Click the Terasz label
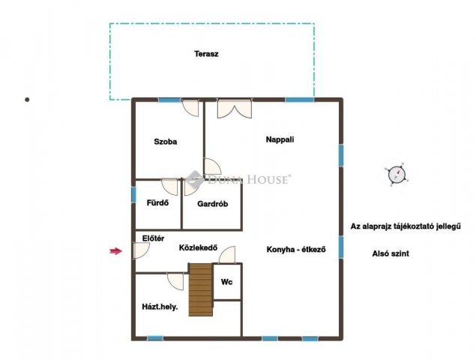[x=206, y=54]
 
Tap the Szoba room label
[x=166, y=142]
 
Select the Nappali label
[x=280, y=139]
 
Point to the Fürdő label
[x=157, y=202]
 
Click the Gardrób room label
[x=212, y=204]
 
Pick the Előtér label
[x=154, y=238]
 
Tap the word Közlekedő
[x=198, y=247]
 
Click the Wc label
[x=227, y=282]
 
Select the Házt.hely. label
[x=160, y=307]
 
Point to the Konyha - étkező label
[x=296, y=250]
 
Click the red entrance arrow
[x=115, y=251]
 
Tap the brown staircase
[x=201, y=289]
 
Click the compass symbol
[x=397, y=175]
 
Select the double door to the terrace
[x=235, y=108]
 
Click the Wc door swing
[x=227, y=255]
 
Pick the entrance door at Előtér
[x=141, y=250]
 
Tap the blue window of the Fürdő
[x=133, y=194]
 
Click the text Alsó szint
[x=391, y=253]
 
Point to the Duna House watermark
[x=238, y=179]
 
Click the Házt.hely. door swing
[x=175, y=281]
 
